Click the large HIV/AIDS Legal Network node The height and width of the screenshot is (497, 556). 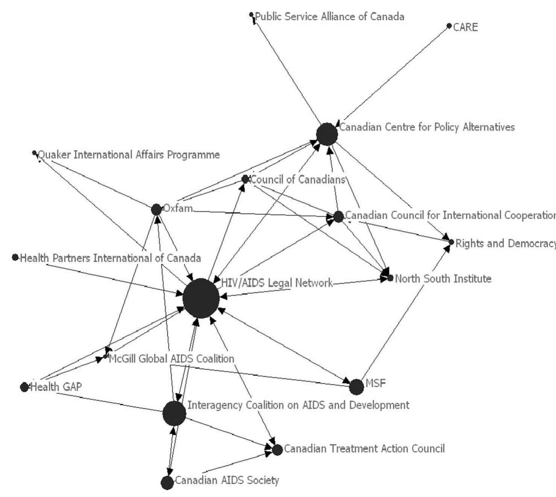click(x=201, y=299)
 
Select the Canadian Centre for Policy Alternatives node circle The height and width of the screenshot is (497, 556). click(x=327, y=134)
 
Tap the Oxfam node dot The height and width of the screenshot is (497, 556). click(x=156, y=209)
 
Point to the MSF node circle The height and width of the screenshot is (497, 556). click(x=356, y=387)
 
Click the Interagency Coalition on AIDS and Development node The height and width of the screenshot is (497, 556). click(x=174, y=413)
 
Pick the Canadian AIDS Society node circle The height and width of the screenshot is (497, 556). click(x=167, y=482)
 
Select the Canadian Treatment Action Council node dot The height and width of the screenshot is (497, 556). click(x=277, y=450)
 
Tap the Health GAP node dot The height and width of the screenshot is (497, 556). click(x=24, y=387)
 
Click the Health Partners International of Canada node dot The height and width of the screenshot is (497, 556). click(x=15, y=257)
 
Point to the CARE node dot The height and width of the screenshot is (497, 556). click(x=449, y=26)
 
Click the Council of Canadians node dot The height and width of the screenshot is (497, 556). click(x=245, y=179)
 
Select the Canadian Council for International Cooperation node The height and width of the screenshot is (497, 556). click(x=338, y=217)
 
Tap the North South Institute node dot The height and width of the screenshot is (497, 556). click(x=390, y=278)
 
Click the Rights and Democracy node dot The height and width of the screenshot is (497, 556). click(x=451, y=242)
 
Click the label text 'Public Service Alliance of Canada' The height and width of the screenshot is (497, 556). click(x=330, y=17)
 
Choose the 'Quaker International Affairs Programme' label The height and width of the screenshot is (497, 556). click(x=129, y=155)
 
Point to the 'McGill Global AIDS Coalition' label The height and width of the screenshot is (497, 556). click(x=172, y=359)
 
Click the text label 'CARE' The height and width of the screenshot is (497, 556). click(x=465, y=27)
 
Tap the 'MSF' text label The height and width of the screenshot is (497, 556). click(x=376, y=383)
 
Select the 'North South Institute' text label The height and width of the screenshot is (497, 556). click(x=443, y=279)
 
